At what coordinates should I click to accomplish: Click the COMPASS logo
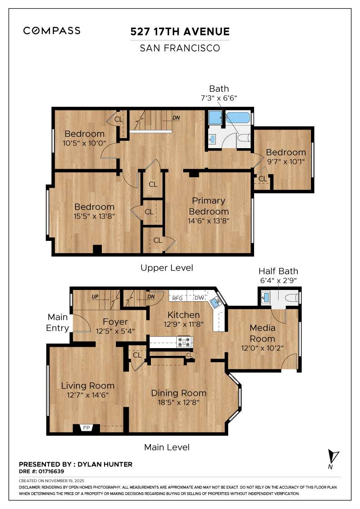(x=52, y=31)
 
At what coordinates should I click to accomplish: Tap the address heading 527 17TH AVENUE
(x=180, y=32)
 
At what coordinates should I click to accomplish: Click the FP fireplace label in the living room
(x=86, y=428)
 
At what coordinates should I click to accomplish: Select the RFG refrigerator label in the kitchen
(x=177, y=299)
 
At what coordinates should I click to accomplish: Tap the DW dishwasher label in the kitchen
(x=199, y=299)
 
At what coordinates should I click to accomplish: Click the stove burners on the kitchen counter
(x=185, y=341)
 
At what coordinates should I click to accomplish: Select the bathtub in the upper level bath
(x=238, y=118)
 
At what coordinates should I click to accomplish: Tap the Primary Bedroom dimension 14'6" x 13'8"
(x=209, y=221)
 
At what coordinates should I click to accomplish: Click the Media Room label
(x=262, y=333)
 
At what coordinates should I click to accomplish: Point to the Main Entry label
(x=58, y=322)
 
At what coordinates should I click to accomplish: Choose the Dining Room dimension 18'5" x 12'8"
(x=179, y=402)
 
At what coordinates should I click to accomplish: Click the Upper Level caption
(x=167, y=268)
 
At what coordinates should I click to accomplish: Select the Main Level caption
(x=167, y=447)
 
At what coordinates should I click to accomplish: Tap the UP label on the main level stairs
(x=95, y=297)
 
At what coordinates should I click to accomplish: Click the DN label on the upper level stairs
(x=176, y=118)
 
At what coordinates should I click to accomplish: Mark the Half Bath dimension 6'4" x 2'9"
(x=278, y=280)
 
